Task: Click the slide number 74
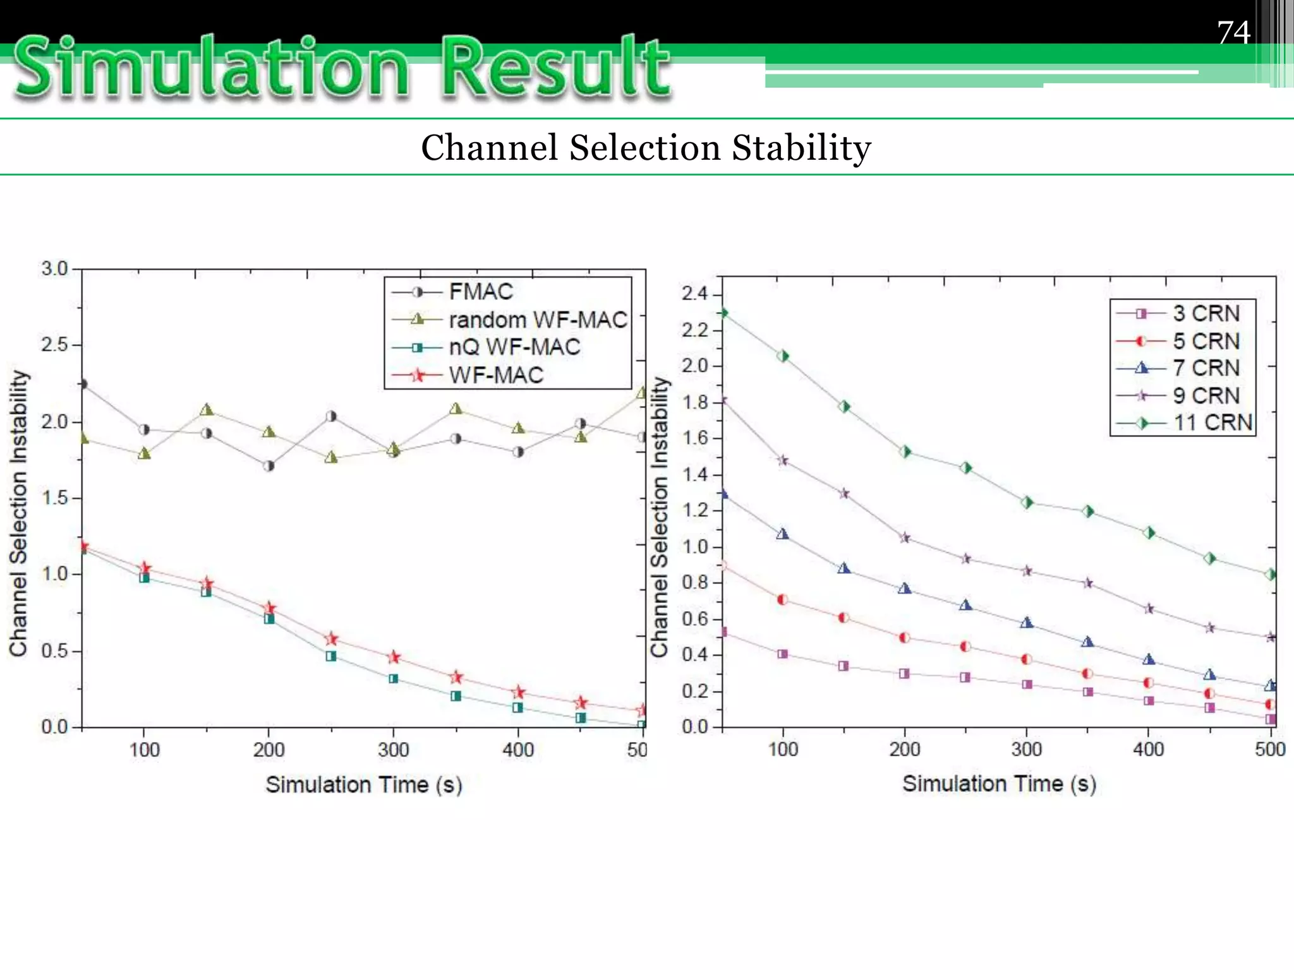1233,32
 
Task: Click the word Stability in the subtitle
801,148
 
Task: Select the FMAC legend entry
480,292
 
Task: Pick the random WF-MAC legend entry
537,320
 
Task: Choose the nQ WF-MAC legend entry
514,347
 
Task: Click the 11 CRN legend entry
1212,422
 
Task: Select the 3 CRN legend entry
1206,313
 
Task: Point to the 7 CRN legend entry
1206,368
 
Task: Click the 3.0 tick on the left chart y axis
54,268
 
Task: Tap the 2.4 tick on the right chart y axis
694,294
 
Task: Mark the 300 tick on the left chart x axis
393,750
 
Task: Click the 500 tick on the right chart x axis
1270,749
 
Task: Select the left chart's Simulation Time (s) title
363,784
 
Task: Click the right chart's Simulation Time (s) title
998,783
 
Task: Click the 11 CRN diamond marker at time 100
783,356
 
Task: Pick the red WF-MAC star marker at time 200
269,609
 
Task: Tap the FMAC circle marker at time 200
269,466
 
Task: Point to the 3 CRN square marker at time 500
1271,719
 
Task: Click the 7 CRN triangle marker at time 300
1027,623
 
